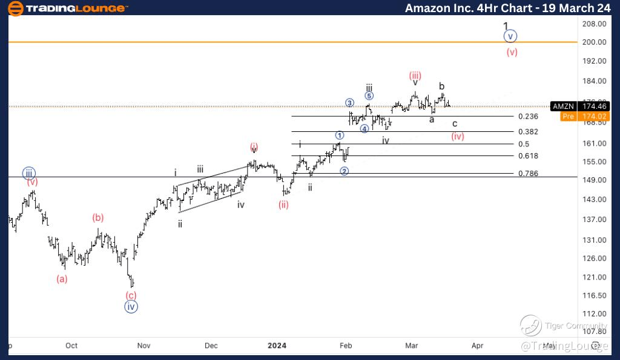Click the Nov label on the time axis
tap(143, 345)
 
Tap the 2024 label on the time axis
tap(277, 345)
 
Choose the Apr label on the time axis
tap(477, 345)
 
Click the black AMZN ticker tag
tap(561, 106)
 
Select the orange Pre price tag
tap(567, 116)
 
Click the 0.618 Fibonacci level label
tap(528, 155)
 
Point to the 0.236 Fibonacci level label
tap(528, 116)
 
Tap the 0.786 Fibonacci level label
tap(528, 174)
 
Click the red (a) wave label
tap(62, 279)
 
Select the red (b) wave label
tap(98, 218)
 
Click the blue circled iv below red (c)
tap(131, 306)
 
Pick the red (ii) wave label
tap(283, 205)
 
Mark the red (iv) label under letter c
tap(458, 136)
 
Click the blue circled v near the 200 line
tap(511, 36)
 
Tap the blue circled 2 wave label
tap(344, 171)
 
